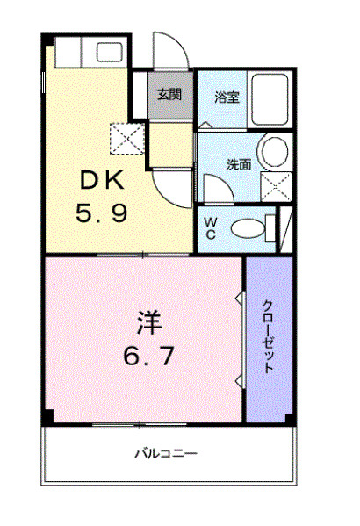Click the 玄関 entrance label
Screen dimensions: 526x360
(x=169, y=95)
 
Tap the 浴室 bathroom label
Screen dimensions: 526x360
(x=227, y=97)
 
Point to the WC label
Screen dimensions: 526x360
(x=212, y=227)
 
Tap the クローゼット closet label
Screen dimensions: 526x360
(x=269, y=338)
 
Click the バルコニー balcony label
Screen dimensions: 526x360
(x=165, y=454)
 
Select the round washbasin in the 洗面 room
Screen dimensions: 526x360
(x=276, y=150)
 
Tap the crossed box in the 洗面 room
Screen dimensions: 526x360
(x=276, y=184)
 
